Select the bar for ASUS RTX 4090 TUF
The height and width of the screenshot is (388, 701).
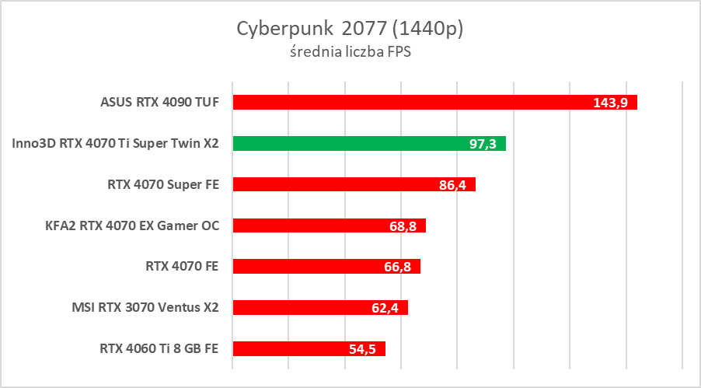[x=404, y=102]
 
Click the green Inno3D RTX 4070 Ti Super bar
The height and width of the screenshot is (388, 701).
[x=342, y=143]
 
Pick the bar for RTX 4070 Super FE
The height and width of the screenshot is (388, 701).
[x=326, y=184]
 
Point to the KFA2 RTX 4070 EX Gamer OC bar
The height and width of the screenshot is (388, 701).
[x=311, y=225]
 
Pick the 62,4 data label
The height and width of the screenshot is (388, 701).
[x=386, y=309]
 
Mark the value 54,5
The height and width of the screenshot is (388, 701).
[x=363, y=350]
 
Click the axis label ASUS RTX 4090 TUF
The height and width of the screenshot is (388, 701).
[x=159, y=102]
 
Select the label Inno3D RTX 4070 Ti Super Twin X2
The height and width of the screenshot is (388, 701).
[x=116, y=143]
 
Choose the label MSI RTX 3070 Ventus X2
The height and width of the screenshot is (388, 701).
[x=145, y=308]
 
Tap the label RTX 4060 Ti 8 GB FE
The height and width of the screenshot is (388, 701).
[x=159, y=348]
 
